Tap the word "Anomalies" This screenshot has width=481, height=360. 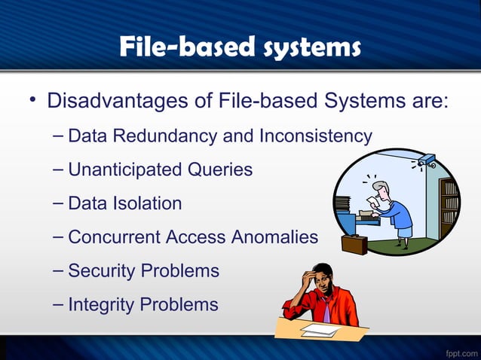click(x=274, y=237)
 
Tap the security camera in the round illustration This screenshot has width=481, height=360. click(x=424, y=160)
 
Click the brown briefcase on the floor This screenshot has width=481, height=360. click(x=354, y=243)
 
